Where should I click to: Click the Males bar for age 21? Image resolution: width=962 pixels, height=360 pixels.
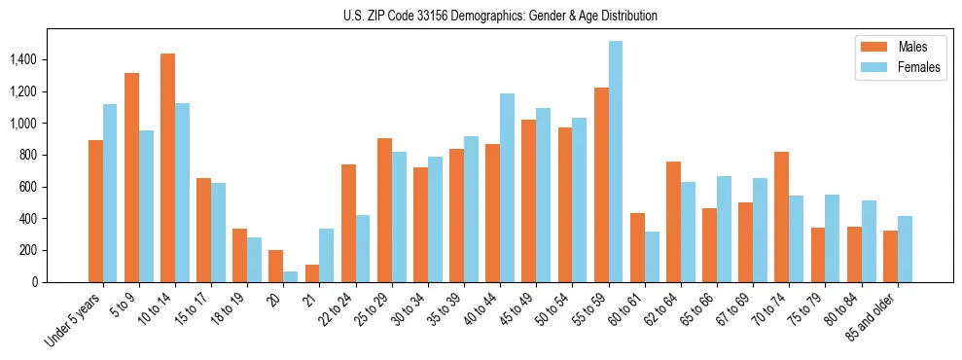point(312,273)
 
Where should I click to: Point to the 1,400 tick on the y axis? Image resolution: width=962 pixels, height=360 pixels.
point(23,59)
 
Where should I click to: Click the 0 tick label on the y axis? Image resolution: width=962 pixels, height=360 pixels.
point(35,282)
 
